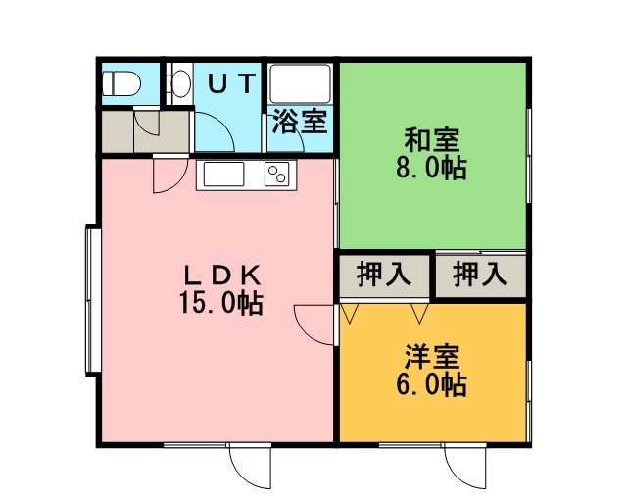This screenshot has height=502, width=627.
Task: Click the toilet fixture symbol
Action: click(x=121, y=83)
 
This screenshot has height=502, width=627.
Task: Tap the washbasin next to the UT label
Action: click(x=180, y=83)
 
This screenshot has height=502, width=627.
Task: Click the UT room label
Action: click(x=232, y=83)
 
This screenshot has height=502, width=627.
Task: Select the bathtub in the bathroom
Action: click(x=301, y=83)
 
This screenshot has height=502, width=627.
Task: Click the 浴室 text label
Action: click(x=300, y=122)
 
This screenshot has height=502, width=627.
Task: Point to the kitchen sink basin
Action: click(x=224, y=175)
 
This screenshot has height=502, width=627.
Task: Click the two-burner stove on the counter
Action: click(x=276, y=175)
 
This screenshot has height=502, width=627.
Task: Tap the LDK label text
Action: click(x=221, y=276)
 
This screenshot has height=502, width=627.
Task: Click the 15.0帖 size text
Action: click(x=220, y=303)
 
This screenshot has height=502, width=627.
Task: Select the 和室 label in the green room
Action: click(x=432, y=139)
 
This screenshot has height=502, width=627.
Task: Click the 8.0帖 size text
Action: click(x=431, y=168)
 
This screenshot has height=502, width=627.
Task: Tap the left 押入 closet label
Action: click(x=384, y=274)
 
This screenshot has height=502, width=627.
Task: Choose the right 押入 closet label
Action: click(x=480, y=274)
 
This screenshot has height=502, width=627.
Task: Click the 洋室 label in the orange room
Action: click(x=432, y=356)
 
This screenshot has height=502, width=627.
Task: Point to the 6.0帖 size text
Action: click(x=431, y=384)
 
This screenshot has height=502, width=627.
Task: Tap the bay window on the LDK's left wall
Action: click(x=93, y=301)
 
